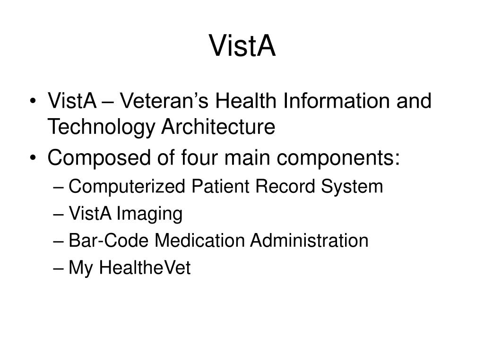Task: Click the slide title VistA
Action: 242,46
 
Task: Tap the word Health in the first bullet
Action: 245,101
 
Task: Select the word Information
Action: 336,101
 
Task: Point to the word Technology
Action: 101,128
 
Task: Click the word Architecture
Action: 218,127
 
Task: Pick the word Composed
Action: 99,158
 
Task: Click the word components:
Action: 338,158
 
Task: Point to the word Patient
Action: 220,186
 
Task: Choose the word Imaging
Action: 149,214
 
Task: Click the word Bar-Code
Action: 108,240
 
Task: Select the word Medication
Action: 199,240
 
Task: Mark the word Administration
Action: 309,240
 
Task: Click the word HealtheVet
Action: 145,268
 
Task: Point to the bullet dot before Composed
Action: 33,158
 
